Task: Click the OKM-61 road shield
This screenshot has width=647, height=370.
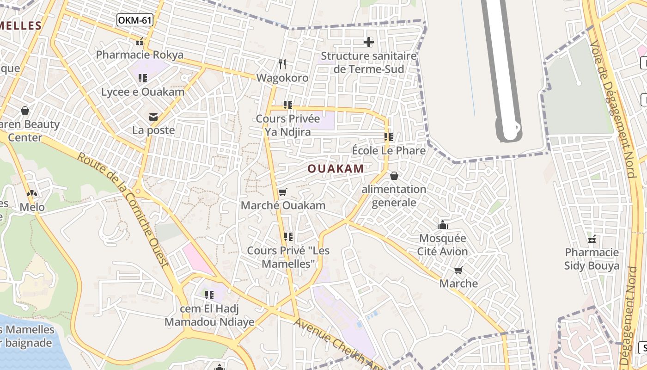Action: (134, 20)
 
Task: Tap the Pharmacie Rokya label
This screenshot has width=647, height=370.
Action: (140, 55)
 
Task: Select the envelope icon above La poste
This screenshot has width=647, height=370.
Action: (153, 117)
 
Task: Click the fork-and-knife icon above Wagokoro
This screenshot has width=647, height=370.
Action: (282, 64)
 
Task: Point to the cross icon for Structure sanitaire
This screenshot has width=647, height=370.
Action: (368, 43)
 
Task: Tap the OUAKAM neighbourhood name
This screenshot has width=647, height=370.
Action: (336, 169)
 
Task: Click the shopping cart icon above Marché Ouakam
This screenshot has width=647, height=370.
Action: (283, 192)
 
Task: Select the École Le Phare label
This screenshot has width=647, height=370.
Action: (389, 151)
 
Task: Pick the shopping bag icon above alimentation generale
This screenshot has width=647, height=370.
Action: (394, 176)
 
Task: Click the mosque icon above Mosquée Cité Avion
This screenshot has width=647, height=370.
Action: (443, 225)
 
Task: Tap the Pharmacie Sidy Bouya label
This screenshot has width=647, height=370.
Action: (592, 259)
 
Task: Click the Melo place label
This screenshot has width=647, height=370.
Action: (32, 207)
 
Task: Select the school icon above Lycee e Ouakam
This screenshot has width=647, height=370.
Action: (143, 78)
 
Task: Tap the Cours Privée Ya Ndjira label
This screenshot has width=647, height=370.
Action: (288, 125)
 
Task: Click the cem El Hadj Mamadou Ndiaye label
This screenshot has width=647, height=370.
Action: (209, 315)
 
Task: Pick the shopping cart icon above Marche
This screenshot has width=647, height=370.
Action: (458, 270)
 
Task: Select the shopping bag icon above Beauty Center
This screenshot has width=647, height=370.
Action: (25, 111)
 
